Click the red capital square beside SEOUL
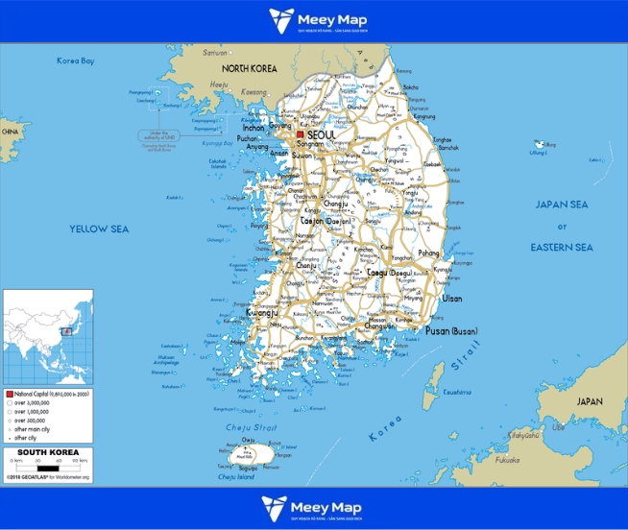click(x=300, y=135)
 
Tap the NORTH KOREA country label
click(x=250, y=69)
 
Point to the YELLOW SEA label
click(x=99, y=229)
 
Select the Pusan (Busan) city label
click(x=451, y=331)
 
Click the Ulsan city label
click(x=452, y=299)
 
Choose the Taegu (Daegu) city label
click(x=390, y=273)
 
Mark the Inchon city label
click(x=254, y=128)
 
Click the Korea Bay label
click(x=76, y=61)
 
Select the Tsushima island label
click(x=457, y=392)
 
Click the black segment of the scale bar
click(x=48, y=468)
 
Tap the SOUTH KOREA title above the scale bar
click(x=48, y=452)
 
